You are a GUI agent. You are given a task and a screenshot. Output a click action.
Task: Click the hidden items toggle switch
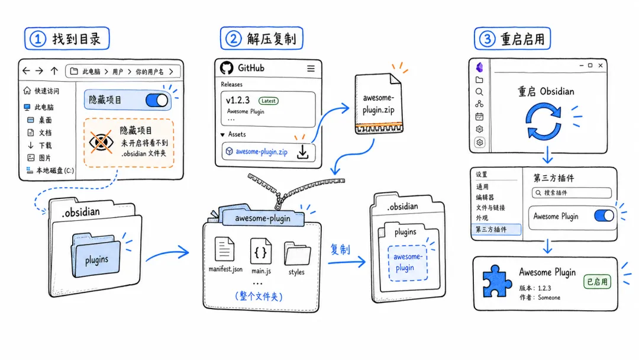157,100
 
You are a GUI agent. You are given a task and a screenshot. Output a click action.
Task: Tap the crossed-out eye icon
101,142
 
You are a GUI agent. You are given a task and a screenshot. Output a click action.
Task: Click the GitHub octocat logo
227,68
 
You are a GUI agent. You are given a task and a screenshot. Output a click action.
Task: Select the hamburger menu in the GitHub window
311,69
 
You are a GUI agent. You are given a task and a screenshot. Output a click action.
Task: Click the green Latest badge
268,101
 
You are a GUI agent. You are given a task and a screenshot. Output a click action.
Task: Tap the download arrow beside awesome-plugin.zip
303,152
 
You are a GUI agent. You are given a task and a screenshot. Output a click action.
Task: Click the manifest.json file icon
225,249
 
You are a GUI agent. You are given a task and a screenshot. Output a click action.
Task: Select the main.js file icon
261,251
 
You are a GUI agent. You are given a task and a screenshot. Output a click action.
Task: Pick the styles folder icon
297,253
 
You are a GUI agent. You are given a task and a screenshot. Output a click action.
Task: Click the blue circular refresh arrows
543,121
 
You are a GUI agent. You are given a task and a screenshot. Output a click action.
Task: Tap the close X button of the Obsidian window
601,65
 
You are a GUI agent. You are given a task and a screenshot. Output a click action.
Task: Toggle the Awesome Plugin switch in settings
604,216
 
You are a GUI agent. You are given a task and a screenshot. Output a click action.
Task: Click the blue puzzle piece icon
497,281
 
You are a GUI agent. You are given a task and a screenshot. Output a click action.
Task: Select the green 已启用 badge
597,281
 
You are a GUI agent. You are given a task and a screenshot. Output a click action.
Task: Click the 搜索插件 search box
572,193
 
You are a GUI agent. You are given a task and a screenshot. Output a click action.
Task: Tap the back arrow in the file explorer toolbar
27,71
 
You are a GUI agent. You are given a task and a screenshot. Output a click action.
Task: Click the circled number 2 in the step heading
233,39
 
